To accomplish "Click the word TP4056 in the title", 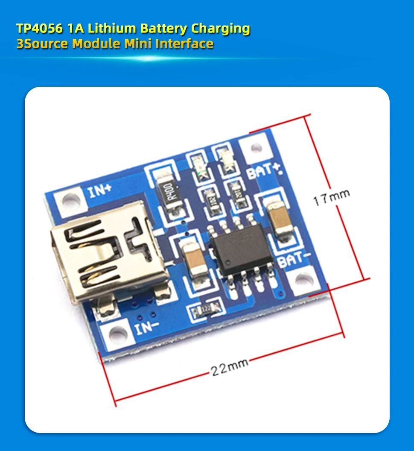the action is point(39,29).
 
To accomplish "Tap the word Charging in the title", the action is point(220,29).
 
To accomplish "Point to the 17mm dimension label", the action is point(331,197).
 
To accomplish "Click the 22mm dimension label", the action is point(229,367).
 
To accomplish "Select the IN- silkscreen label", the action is point(147,328).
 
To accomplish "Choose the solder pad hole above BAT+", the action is point(256,148).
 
